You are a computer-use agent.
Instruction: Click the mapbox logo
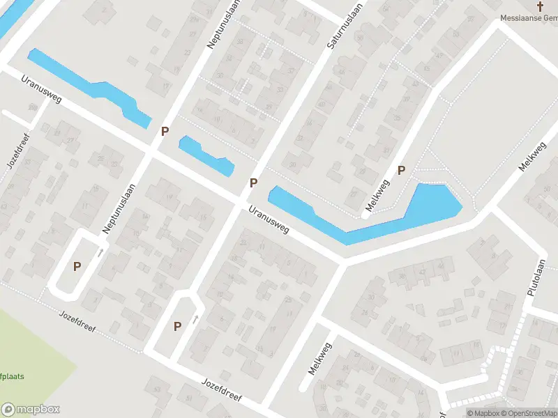[x=31, y=409]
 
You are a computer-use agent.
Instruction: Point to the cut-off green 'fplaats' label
[x=12, y=376]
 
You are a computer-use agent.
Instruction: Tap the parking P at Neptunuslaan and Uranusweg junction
[x=165, y=131]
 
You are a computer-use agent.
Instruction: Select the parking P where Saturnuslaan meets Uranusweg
[x=254, y=183]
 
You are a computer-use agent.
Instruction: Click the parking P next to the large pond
[x=401, y=170]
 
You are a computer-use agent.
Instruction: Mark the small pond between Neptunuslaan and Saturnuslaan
[x=205, y=155]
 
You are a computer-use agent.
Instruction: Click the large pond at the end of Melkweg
[x=432, y=206]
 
